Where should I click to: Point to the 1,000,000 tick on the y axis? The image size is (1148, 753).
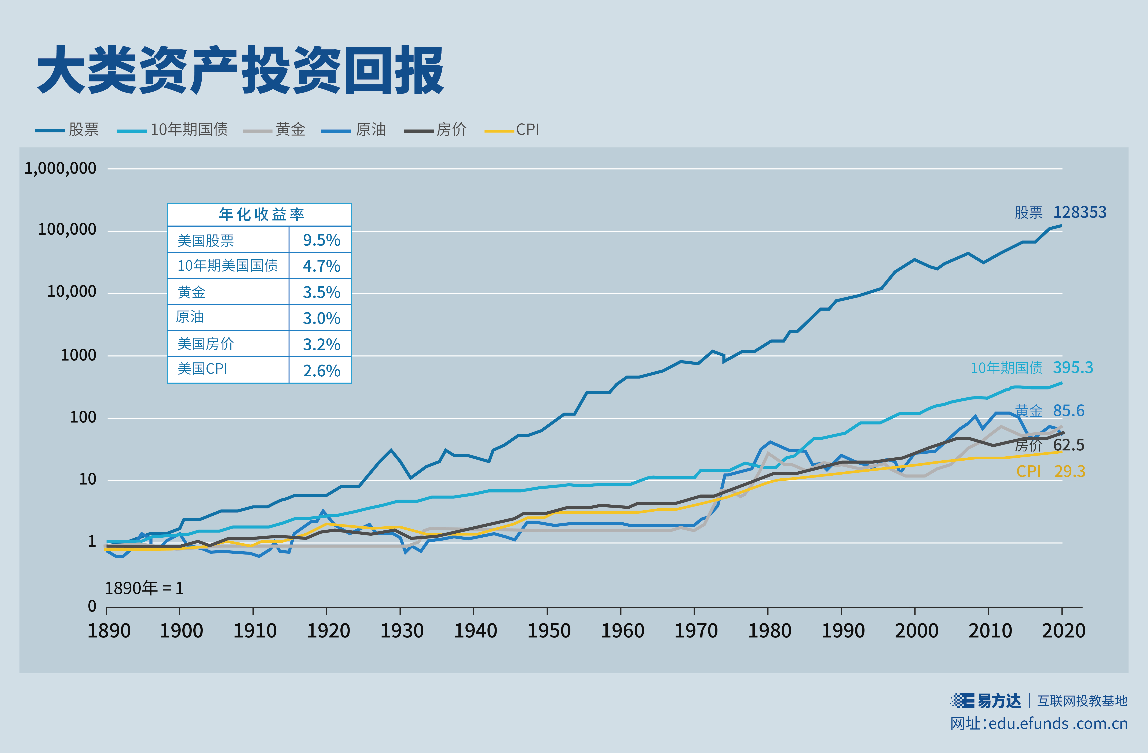coord(60,168)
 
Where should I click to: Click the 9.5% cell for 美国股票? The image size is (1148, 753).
coord(321,240)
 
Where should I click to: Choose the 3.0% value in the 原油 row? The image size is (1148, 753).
coord(321,318)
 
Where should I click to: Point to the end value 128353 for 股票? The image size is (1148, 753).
coord(1079,212)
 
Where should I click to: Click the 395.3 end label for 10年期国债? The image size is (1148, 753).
coord(1073,368)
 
